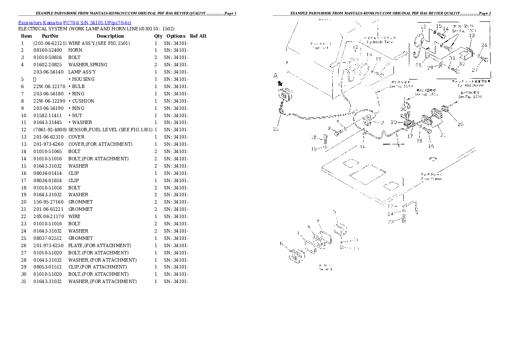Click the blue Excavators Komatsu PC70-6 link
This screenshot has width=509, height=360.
tap(74, 22)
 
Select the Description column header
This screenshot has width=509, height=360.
tap(110, 36)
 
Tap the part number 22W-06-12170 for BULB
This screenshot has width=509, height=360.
tap(50, 86)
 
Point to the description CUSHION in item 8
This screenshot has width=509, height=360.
tap(83, 101)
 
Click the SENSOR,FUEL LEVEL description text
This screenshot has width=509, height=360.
tap(110, 130)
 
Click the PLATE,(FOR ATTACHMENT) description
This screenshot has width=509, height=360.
tap(100, 246)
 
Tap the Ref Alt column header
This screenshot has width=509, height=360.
tap(198, 36)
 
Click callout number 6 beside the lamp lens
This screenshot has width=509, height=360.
tap(281, 244)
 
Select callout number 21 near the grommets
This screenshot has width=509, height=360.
tap(443, 135)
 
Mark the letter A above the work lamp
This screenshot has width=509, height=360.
tap(276, 76)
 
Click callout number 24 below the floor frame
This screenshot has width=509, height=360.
tap(390, 214)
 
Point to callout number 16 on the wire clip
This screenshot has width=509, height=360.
tap(362, 147)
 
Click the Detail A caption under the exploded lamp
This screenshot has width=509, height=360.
tap(326, 267)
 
